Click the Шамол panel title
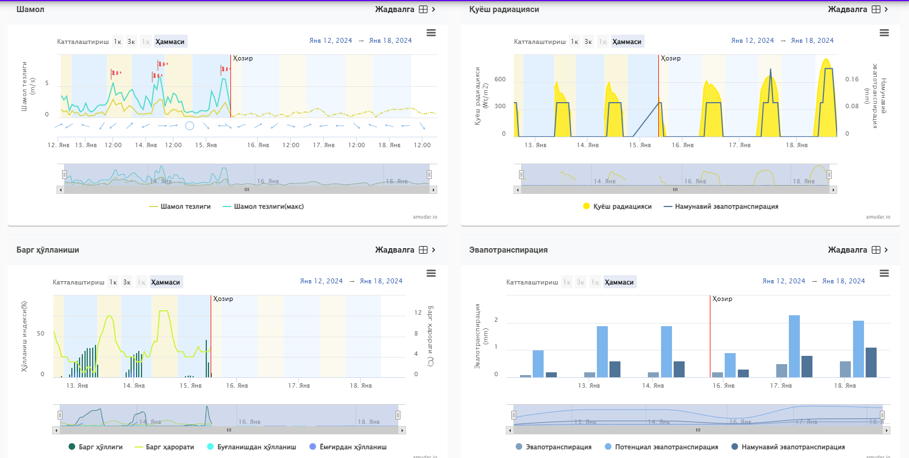pyautogui.click(x=30, y=9)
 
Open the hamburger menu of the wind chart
pyautogui.click(x=431, y=33)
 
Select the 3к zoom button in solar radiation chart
pyautogui.click(x=588, y=42)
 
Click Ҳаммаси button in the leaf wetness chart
pyautogui.click(x=166, y=282)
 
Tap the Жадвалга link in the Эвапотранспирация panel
pyautogui.click(x=848, y=250)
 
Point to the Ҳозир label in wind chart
pyautogui.click(x=243, y=58)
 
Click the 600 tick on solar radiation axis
pyautogui.click(x=500, y=79)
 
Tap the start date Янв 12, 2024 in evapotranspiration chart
pyautogui.click(x=783, y=281)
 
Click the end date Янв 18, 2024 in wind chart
pyautogui.click(x=390, y=41)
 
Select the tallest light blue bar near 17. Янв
pyautogui.click(x=794, y=346)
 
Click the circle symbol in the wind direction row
pyautogui.click(x=190, y=126)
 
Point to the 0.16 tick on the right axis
pyautogui.click(x=851, y=79)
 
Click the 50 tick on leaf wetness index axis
pyautogui.click(x=41, y=333)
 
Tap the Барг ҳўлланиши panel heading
pyautogui.click(x=48, y=250)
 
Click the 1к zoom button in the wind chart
pyautogui.click(x=117, y=42)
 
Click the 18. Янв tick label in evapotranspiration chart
pyautogui.click(x=845, y=386)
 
